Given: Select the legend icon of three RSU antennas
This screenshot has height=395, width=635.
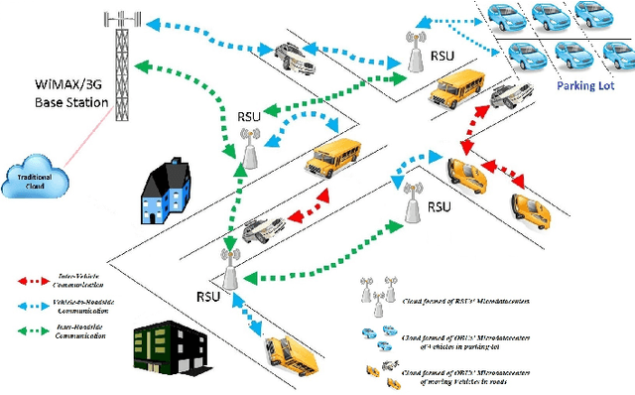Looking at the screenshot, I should (x=382, y=293).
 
